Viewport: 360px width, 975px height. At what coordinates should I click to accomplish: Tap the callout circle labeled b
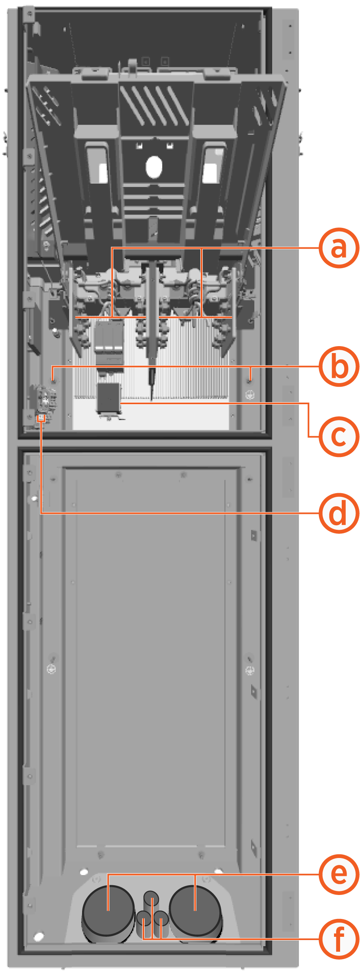(339, 366)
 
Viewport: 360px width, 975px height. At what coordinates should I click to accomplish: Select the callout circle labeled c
(339, 436)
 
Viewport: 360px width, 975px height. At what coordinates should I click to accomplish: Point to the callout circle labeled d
(339, 513)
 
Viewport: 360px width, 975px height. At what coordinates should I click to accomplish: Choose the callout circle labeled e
(339, 874)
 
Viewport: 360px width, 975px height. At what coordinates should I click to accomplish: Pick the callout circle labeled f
(339, 938)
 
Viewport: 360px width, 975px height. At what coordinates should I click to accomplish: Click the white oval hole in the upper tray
(154, 167)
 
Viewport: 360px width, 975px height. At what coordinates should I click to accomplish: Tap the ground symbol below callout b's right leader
(250, 394)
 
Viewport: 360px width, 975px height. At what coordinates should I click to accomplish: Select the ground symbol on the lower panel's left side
(52, 669)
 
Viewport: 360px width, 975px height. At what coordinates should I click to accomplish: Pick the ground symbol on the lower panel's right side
(250, 670)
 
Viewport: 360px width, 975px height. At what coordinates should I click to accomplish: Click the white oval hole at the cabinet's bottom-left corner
(39, 937)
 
